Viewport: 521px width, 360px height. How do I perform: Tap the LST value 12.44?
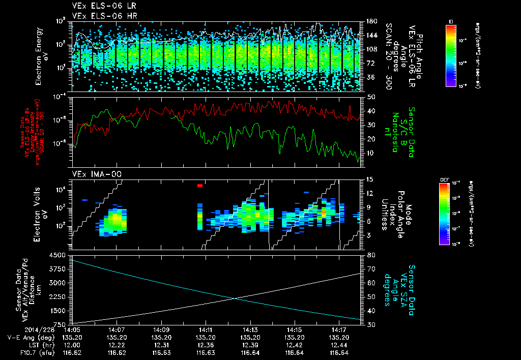pyautogui.click(x=339, y=344)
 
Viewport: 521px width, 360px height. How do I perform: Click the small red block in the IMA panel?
pyautogui.click(x=200, y=186)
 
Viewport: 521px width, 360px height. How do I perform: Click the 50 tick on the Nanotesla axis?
pyautogui.click(x=371, y=97)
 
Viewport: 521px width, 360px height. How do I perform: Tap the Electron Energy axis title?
pyautogui.click(x=41, y=56)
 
